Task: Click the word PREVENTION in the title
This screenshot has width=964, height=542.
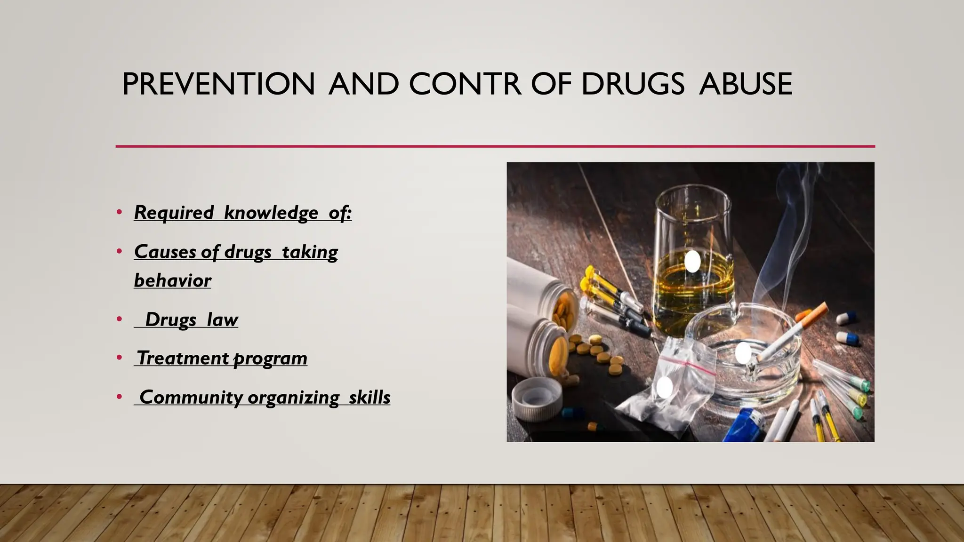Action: point(218,84)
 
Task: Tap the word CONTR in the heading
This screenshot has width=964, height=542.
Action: point(465,84)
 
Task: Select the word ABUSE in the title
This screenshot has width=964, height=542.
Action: point(746,84)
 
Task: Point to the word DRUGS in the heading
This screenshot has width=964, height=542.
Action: point(633,84)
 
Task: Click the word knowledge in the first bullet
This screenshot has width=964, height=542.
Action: point(271,213)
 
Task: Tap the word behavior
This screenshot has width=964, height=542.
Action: point(173,280)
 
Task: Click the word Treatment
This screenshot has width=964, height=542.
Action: point(183,358)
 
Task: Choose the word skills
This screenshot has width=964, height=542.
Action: point(370,397)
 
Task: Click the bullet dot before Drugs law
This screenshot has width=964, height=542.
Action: point(120,320)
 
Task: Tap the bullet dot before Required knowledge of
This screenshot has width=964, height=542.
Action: point(120,213)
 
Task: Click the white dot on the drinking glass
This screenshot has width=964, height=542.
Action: point(692,261)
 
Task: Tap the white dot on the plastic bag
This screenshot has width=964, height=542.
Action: point(665,387)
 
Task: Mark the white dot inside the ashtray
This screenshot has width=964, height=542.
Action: point(743,352)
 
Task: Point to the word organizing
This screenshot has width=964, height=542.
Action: point(293,397)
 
